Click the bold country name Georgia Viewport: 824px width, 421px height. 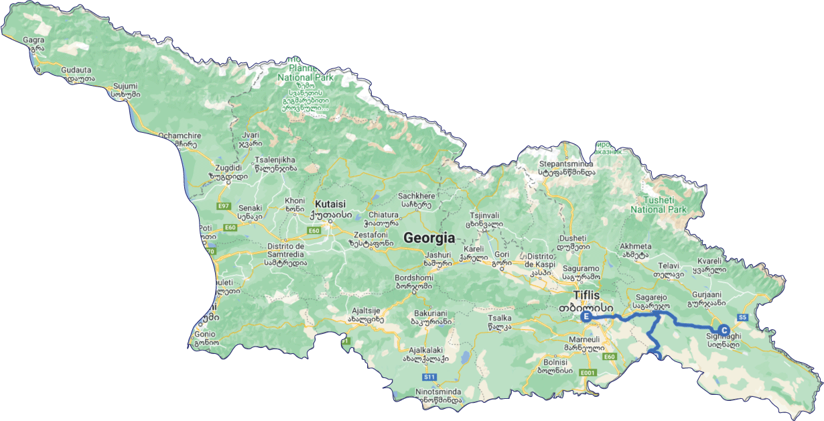[x=429, y=238]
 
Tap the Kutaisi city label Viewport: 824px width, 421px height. [x=330, y=203]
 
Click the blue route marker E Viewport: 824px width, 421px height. [x=586, y=317]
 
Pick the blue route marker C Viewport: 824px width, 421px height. [x=724, y=330]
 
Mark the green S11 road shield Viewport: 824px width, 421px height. [x=429, y=377]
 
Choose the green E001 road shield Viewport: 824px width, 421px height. [x=588, y=373]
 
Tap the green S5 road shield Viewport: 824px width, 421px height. [x=742, y=317]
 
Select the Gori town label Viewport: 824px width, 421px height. [x=502, y=255]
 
